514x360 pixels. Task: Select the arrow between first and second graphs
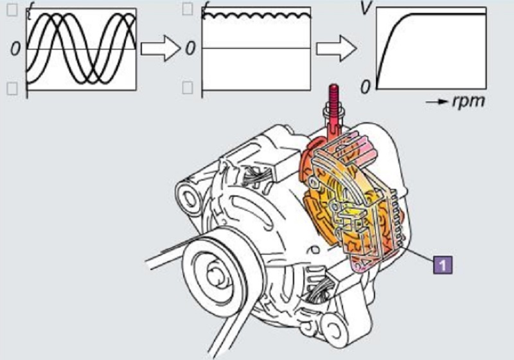[x=160, y=49]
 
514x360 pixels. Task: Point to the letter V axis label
[x=364, y=10]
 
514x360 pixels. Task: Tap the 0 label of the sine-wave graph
[x=14, y=50]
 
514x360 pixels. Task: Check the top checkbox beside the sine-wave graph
[x=12, y=9]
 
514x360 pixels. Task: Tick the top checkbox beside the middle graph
[x=188, y=9]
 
